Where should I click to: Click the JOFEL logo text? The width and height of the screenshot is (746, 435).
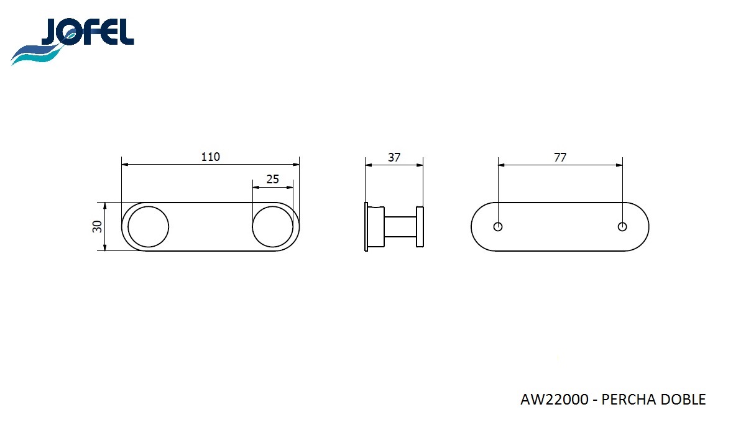pos(87,32)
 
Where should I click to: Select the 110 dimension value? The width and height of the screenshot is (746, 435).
pos(210,157)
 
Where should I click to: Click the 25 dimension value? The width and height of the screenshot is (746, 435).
pos(272,179)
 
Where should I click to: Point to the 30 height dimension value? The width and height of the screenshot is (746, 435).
pos(97,227)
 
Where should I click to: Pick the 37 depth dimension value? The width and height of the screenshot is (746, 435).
pos(394,157)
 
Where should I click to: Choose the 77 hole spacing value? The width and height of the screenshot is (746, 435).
pos(560,157)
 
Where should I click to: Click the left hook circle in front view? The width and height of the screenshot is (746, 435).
pos(149,227)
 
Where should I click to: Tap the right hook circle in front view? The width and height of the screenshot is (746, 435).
pos(272,227)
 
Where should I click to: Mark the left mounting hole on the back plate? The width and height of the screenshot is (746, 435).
pos(498,227)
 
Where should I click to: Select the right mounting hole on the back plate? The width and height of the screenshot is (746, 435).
pos(622,227)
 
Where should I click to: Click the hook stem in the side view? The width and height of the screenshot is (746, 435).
pos(401,227)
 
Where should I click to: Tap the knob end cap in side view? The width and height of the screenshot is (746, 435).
pos(420,227)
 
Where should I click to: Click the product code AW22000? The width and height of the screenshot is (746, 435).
pos(554,400)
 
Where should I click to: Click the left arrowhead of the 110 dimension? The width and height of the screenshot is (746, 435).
pos(124,165)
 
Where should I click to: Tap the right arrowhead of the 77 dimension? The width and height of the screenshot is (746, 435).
pos(619,165)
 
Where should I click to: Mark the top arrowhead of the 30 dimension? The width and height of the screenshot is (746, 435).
pos(105,205)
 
